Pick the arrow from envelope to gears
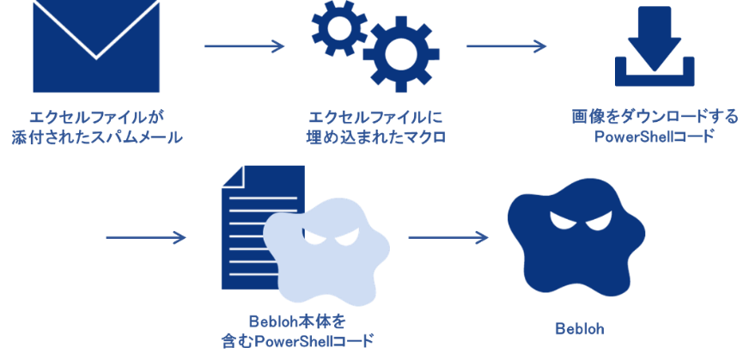pos(244,46)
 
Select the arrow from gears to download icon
pos(506,46)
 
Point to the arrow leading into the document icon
pos(146,237)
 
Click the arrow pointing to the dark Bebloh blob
pos(448,237)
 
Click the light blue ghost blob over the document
pos(327,253)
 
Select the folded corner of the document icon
pos(232,176)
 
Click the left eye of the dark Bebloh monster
pos(560,220)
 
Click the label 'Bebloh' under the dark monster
pos(580,329)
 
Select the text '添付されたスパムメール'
pos(97,138)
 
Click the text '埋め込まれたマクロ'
pos(375,138)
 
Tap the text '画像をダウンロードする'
pos(655,117)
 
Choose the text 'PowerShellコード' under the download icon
pos(655,137)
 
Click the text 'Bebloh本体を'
pos(297,321)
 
